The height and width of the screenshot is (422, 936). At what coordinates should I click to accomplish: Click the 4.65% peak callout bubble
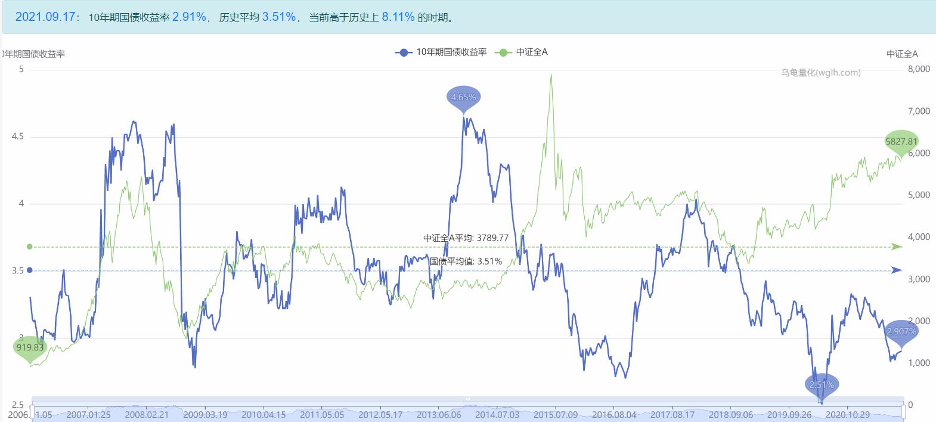coord(463,97)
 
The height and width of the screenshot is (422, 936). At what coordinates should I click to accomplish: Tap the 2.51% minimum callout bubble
coord(822,384)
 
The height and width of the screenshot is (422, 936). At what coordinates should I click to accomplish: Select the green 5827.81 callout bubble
coord(901,141)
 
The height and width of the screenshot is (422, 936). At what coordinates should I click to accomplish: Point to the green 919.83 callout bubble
coord(30,347)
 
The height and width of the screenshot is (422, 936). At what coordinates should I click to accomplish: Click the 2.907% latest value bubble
coord(901,331)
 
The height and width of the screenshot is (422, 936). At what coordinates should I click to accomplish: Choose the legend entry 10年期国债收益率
coord(441,52)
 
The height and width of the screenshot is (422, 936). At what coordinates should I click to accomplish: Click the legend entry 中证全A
coord(522,52)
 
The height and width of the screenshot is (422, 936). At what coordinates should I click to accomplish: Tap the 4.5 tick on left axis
coord(17,137)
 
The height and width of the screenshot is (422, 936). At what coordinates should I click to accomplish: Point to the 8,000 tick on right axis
coord(919,69)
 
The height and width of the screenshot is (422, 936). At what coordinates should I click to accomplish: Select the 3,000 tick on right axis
coord(919,279)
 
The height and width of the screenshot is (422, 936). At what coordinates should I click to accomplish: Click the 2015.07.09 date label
coord(556,414)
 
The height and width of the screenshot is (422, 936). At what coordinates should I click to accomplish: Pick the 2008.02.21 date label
coord(147,414)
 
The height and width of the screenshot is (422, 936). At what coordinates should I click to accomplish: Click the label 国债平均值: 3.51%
coord(466,261)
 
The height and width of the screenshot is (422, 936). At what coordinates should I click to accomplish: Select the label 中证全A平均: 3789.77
coord(466,238)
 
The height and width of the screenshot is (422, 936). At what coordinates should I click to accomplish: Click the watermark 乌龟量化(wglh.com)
coord(821,73)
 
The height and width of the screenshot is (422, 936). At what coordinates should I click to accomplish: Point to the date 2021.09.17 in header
coord(45,17)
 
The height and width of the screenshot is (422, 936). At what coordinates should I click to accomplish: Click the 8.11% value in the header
coord(398,17)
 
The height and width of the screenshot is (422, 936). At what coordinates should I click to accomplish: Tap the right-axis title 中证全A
coord(902,54)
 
